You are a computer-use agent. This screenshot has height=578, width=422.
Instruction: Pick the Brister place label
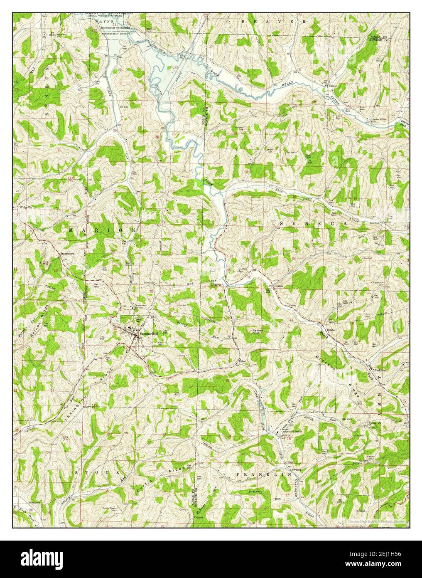tap(331, 329)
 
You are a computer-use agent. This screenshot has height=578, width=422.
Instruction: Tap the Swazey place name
tap(296, 469)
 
